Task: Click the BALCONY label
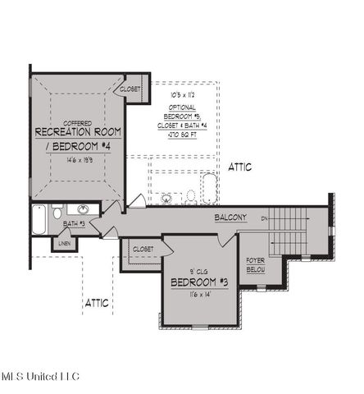[230, 218]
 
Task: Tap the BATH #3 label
[75, 224]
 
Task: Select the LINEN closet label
[64, 242]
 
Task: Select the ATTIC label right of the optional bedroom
[239, 167]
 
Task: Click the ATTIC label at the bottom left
[97, 303]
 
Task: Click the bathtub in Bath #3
[39, 221]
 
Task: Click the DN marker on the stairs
[264, 219]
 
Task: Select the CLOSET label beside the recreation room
[130, 89]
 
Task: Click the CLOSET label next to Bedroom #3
[143, 248]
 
